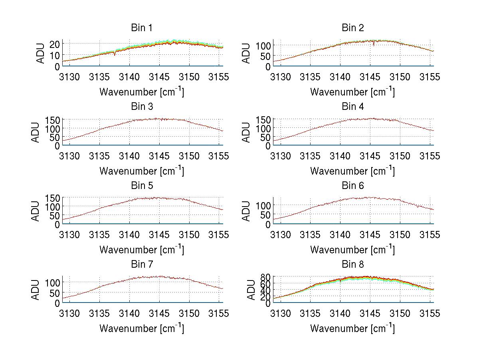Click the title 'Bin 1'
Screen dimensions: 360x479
[142, 28]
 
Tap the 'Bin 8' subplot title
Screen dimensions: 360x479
[353, 265]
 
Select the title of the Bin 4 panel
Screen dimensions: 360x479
[353, 107]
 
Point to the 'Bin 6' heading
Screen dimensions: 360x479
[353, 185]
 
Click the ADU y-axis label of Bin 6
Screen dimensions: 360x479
[246, 211]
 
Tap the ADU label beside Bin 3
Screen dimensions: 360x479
[36, 132]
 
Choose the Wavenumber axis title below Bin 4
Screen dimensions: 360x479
[353, 171]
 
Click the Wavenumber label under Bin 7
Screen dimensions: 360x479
[142, 328]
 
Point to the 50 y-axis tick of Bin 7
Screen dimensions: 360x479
[55, 292]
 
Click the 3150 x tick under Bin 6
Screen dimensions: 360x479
[400, 235]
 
